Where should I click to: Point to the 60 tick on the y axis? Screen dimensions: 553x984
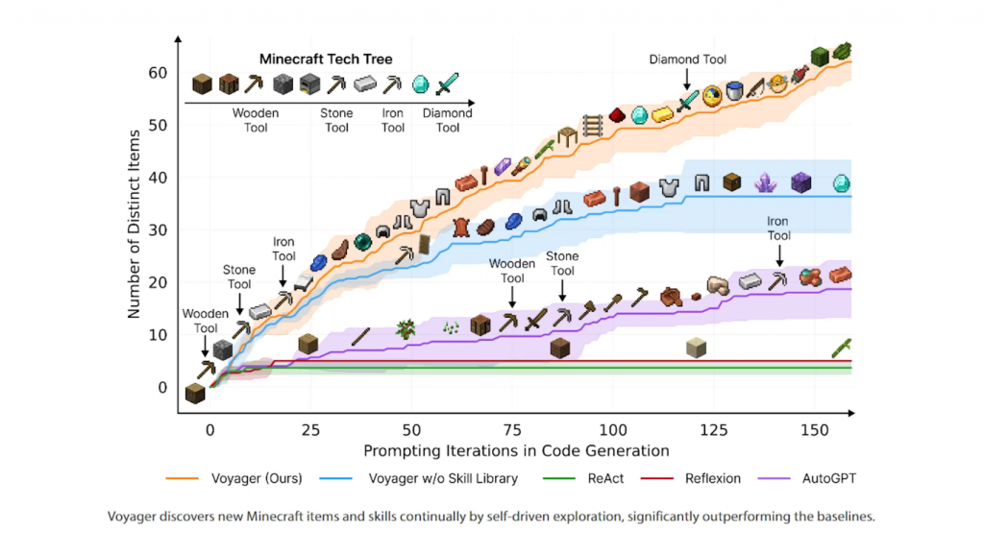click(158, 73)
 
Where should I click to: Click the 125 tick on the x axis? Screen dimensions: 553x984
click(713, 431)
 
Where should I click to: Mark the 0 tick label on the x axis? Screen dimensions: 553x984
click(209, 431)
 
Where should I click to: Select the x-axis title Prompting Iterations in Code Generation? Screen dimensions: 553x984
click(516, 449)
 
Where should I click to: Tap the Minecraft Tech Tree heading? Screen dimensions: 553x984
click(326, 60)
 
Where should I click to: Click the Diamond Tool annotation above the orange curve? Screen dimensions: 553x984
click(687, 60)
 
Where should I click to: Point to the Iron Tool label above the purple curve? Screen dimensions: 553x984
click(778, 228)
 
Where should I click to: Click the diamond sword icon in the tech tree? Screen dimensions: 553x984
click(447, 84)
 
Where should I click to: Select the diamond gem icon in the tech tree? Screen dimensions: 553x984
click(420, 84)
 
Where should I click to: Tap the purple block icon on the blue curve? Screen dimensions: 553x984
click(801, 181)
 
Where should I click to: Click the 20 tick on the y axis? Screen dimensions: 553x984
click(158, 283)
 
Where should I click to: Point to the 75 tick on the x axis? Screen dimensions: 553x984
click(512, 431)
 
